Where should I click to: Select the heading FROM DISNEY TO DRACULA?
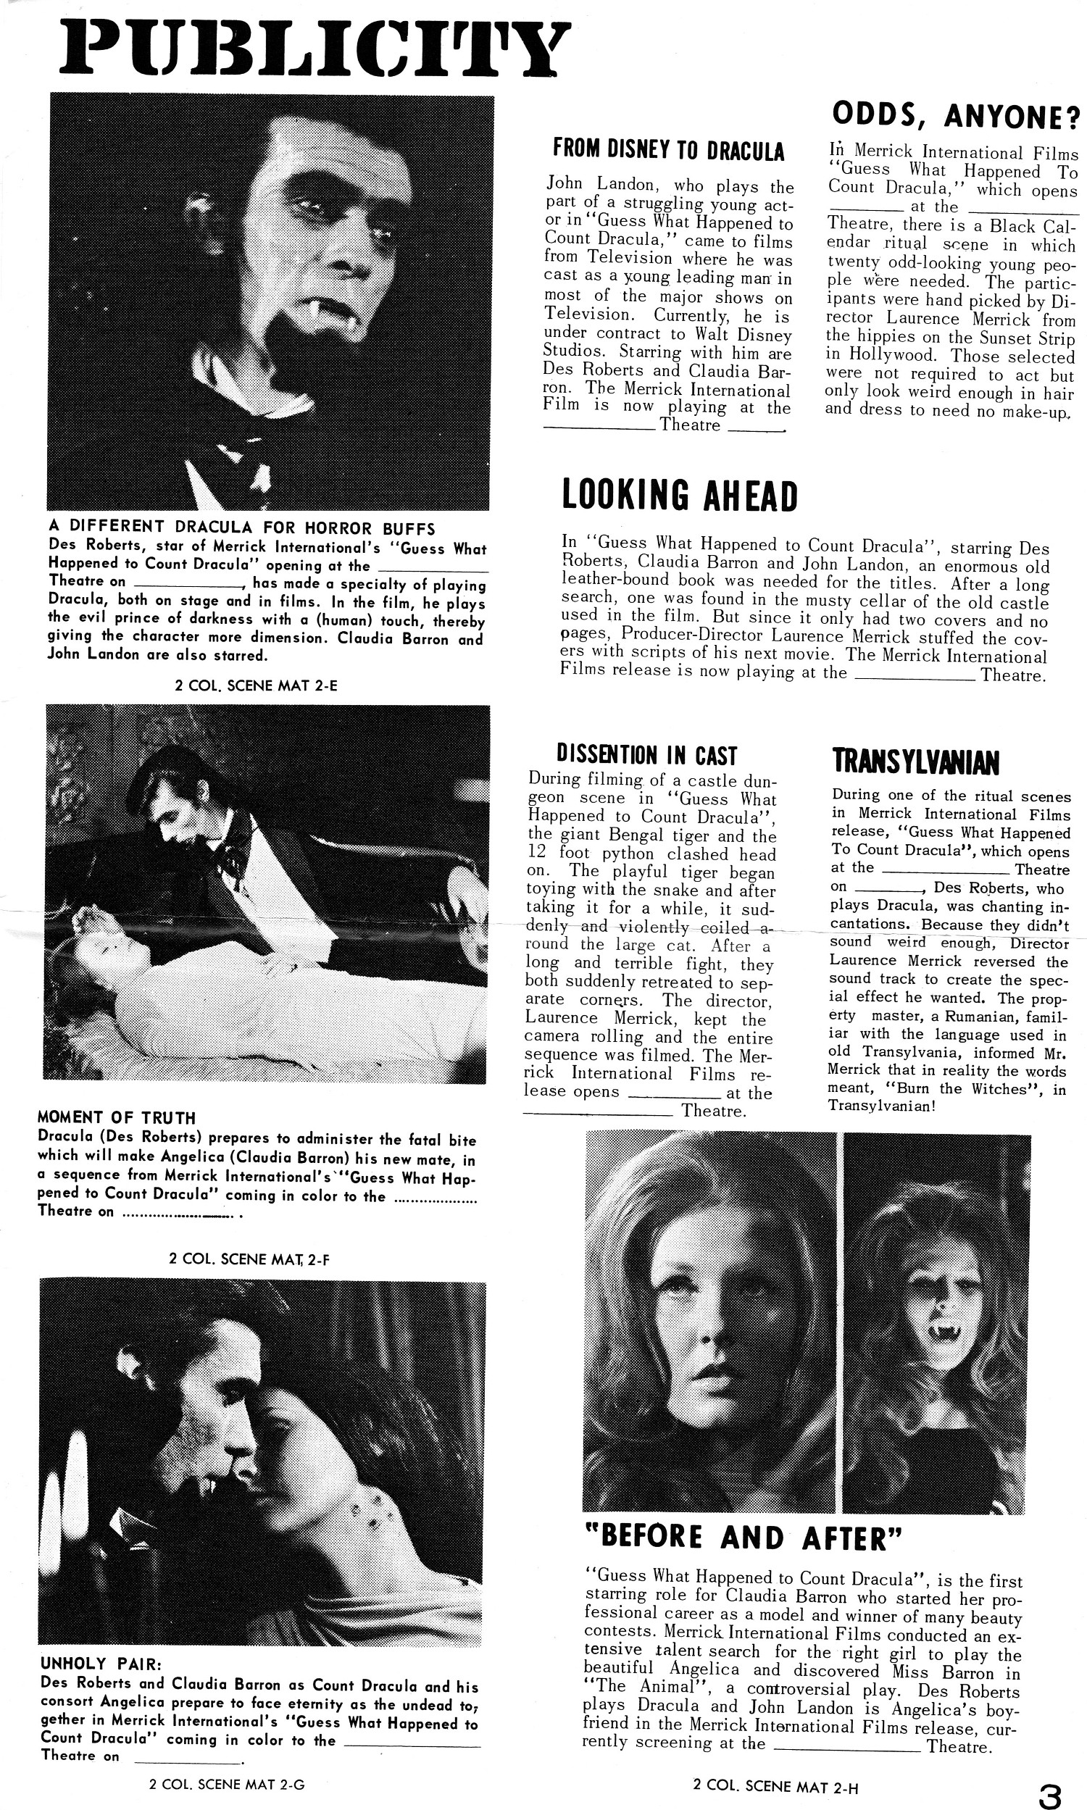[668, 151]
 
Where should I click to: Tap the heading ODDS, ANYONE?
[956, 116]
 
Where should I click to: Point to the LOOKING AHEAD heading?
[678, 496]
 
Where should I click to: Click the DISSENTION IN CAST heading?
[646, 755]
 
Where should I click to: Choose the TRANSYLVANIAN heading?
[915, 762]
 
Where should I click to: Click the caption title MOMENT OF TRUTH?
[117, 1118]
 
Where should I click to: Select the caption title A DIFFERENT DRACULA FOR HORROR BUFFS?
[242, 527]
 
